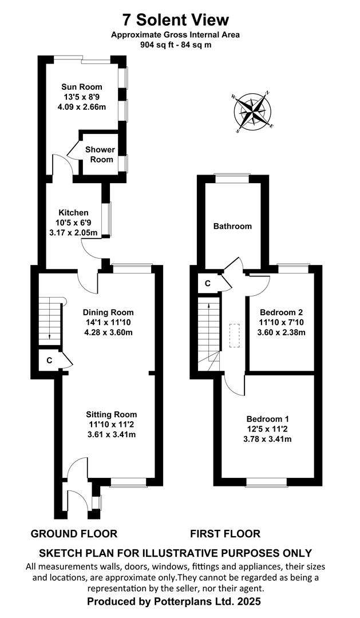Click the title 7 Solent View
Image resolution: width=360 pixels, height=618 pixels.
176,19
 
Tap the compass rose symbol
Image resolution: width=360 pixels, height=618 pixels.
252,112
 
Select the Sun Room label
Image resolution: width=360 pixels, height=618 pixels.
82,87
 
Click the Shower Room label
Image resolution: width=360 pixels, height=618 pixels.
100,154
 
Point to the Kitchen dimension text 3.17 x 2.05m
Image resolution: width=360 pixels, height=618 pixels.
73,232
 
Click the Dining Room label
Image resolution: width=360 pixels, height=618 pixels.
108,312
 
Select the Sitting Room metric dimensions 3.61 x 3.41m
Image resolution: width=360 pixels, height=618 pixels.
112,434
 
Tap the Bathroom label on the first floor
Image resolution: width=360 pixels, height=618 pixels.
232,226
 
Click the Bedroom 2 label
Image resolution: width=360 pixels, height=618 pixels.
281,312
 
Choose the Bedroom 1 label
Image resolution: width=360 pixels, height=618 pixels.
268,418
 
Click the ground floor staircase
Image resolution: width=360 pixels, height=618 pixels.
50,321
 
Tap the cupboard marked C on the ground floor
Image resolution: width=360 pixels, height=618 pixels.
49,360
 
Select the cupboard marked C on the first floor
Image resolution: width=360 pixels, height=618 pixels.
208,283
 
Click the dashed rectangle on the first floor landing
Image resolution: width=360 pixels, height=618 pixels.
235,335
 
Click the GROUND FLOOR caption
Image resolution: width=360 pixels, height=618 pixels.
74,534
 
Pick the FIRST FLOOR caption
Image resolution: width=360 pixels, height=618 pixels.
225,534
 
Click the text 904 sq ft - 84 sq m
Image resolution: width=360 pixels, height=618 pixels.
176,45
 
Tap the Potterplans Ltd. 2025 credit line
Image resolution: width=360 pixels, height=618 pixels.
174,601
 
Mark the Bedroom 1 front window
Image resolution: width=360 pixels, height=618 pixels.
267,482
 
